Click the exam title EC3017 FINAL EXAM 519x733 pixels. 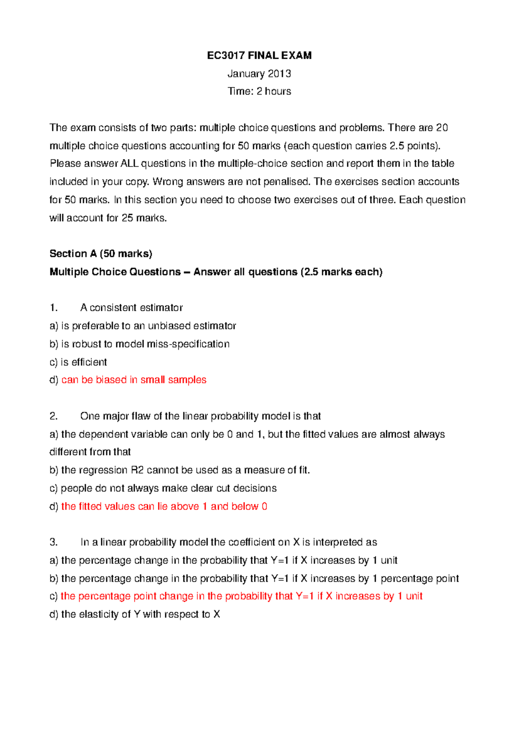point(259,55)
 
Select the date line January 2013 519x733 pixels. point(259,73)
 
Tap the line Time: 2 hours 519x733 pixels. point(259,91)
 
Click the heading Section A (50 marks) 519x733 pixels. point(101,254)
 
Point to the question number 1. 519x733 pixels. point(54,308)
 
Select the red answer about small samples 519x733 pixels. point(134,380)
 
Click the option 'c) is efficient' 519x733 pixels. point(78,362)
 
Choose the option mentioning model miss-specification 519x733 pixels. point(140,344)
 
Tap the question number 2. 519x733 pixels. point(54,416)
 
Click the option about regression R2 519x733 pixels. point(179,470)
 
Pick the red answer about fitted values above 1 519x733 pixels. point(164,507)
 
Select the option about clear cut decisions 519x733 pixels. point(163,488)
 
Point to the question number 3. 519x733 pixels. point(54,542)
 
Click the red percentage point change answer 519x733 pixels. point(241,596)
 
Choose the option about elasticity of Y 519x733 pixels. point(135,615)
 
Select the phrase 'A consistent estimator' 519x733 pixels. point(131,308)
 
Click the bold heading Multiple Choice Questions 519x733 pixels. point(115,272)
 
